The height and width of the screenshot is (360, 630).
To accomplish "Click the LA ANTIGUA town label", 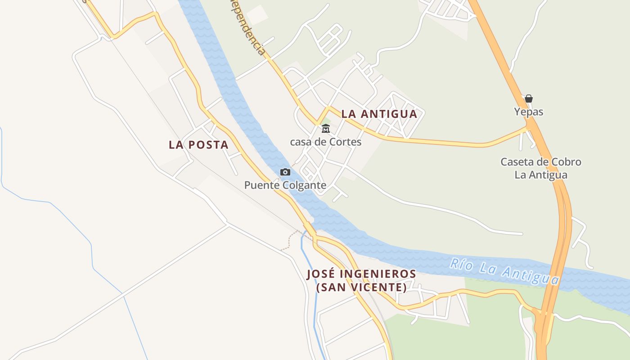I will coord(379,114).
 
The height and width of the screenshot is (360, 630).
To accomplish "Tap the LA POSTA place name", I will coord(198,145).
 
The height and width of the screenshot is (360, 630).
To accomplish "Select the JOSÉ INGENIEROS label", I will coord(361,274).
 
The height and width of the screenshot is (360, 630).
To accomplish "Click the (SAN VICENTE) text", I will coord(361,287).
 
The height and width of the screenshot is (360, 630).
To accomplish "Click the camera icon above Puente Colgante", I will coord(285,172).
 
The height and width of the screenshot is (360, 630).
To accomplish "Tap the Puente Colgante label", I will coord(285,185).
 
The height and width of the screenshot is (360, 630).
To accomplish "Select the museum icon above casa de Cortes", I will coord(325,129).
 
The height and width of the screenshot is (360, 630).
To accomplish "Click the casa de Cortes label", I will coord(325,142).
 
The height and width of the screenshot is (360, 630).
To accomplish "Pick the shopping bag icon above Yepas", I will coord(529,99).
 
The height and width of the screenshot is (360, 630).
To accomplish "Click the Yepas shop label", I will coord(529,112).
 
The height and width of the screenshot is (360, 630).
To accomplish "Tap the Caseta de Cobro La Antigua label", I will coord(541,168).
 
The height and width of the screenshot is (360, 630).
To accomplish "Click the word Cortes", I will coord(345,142).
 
